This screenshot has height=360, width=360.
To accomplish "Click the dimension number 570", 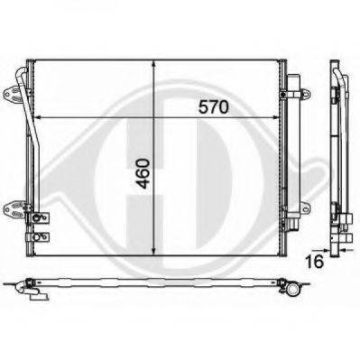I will click(x=214, y=106).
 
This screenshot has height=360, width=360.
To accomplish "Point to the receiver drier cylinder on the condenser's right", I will click(x=291, y=153).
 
